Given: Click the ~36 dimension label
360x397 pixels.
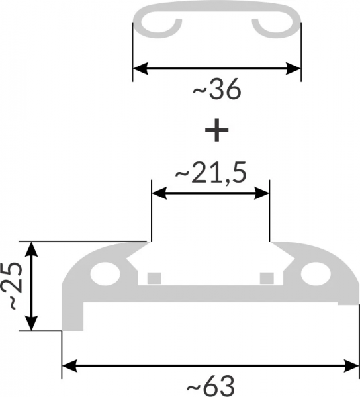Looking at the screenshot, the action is [217, 89].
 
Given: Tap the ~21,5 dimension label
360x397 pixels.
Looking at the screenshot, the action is [211, 173].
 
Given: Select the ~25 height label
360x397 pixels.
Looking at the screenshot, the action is [12, 285].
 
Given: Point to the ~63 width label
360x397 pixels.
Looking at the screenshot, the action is [210, 386].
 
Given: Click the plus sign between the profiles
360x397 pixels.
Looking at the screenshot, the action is [216, 130].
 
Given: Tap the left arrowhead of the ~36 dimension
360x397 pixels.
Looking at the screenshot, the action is [140, 68].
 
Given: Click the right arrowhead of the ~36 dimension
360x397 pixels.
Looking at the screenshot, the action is [293, 68].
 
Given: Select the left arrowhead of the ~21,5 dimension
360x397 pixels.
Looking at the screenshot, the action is [159, 193].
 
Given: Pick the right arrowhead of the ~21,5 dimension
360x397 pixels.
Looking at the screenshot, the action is [262, 193].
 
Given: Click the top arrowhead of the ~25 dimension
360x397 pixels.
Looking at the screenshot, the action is [31, 249].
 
